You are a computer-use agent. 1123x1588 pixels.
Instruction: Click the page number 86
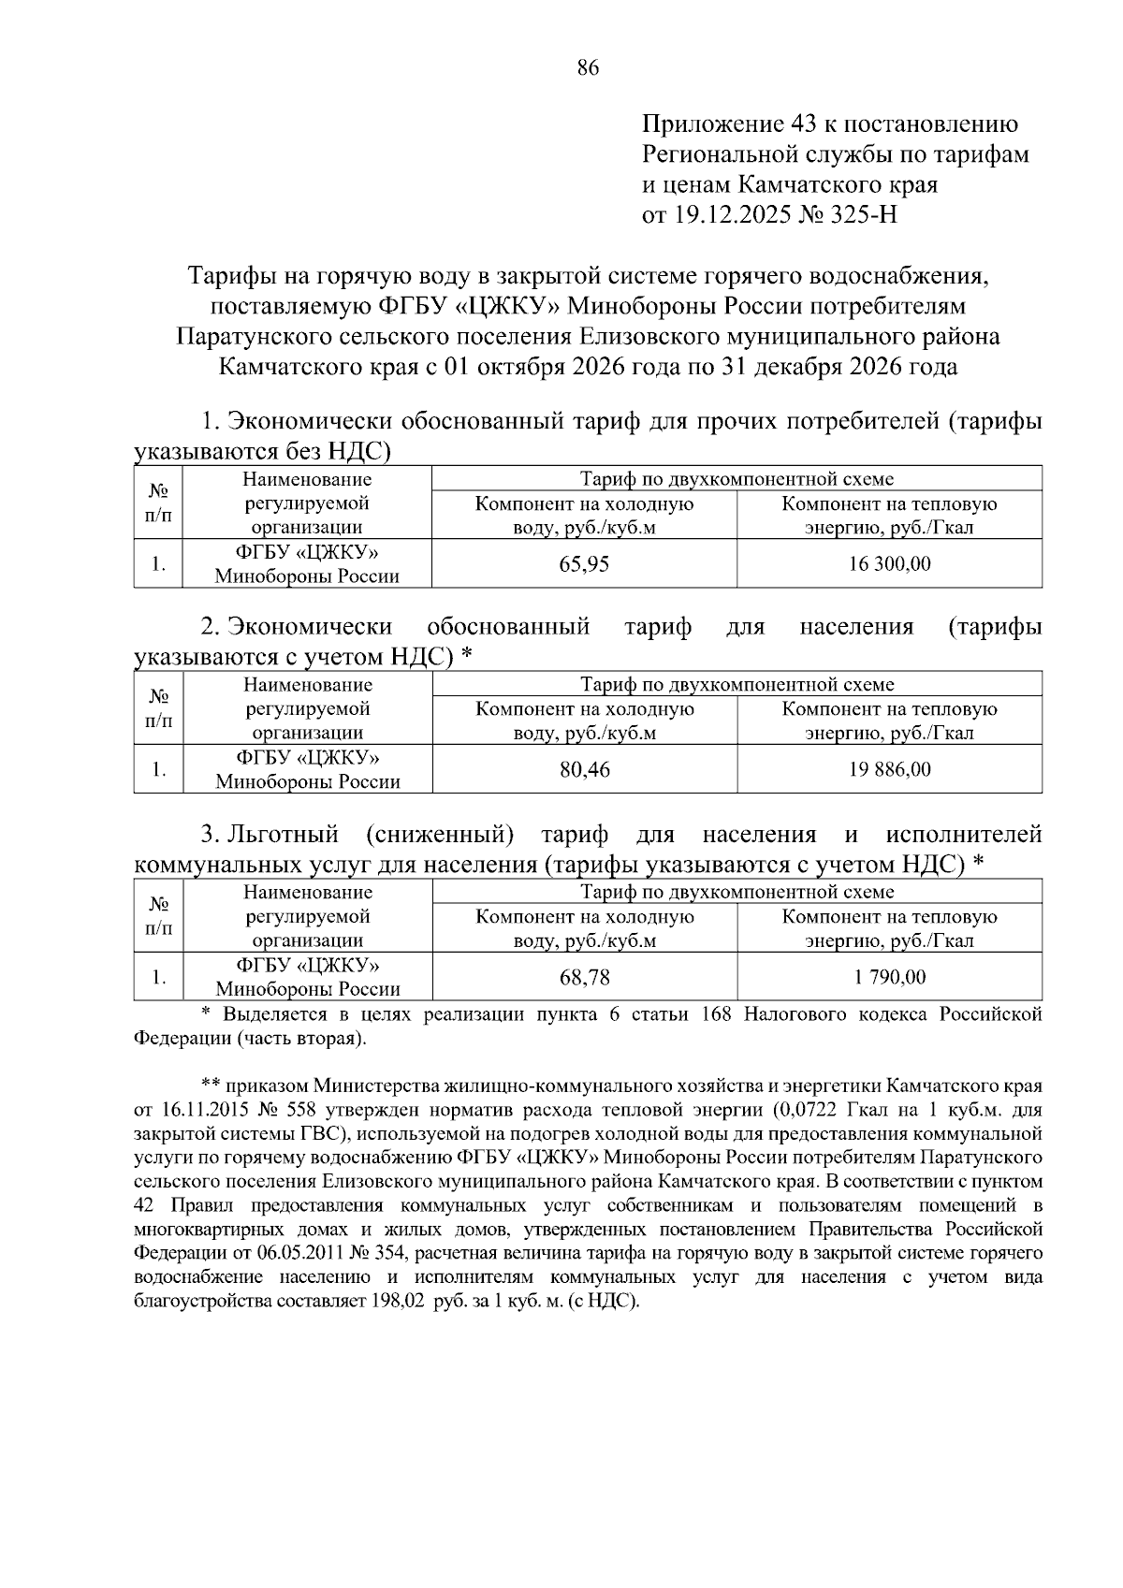click(x=588, y=67)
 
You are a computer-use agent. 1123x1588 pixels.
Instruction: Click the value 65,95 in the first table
click(x=584, y=564)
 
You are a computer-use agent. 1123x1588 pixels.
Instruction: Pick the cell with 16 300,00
click(x=889, y=564)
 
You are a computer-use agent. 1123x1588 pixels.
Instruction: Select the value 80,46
click(x=584, y=770)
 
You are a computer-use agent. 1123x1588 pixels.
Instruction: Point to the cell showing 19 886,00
click(x=889, y=770)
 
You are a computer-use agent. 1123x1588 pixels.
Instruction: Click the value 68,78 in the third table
click(x=584, y=978)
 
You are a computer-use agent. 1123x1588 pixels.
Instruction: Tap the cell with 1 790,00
click(x=889, y=978)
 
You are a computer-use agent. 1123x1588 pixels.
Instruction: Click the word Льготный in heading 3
click(x=284, y=834)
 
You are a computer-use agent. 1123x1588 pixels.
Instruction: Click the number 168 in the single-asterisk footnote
click(x=718, y=1014)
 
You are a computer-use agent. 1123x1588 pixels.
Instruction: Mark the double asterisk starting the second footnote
click(x=210, y=1085)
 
